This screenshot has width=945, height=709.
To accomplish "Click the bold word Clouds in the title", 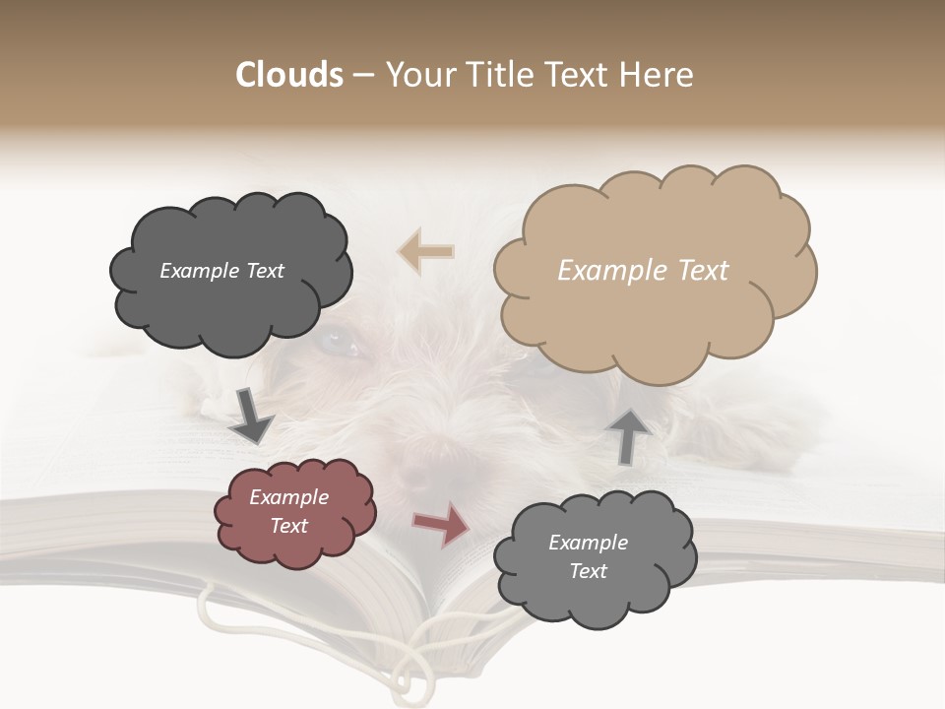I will point(289,75).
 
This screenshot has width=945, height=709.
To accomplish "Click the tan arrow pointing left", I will point(425,252).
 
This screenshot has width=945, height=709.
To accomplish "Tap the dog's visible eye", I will point(341,342).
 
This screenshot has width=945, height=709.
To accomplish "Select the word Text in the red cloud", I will point(289,526).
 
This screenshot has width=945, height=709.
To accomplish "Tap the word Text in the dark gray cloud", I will point(265,271).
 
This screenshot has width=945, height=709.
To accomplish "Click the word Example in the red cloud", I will point(289,497).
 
